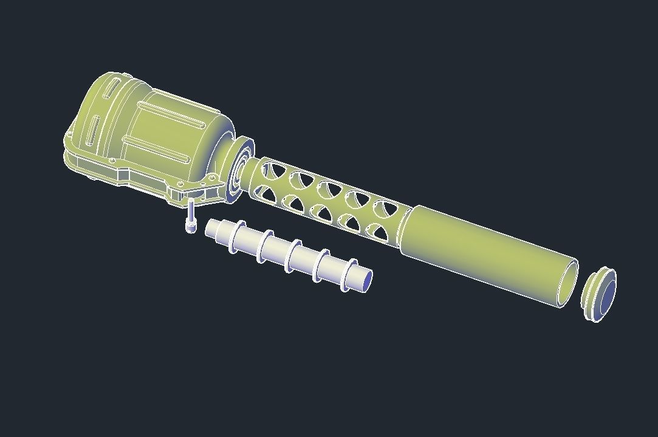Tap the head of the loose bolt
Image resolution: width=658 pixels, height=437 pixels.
coord(191,227)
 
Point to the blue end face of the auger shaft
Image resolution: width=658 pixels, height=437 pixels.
coord(366,280)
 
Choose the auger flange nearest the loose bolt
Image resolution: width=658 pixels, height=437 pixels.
coord(236,237)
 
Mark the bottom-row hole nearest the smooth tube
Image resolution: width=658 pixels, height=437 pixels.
coord(378,232)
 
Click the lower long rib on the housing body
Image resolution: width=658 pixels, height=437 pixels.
coord(158,148)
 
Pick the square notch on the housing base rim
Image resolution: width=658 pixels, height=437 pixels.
coord(124,176)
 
